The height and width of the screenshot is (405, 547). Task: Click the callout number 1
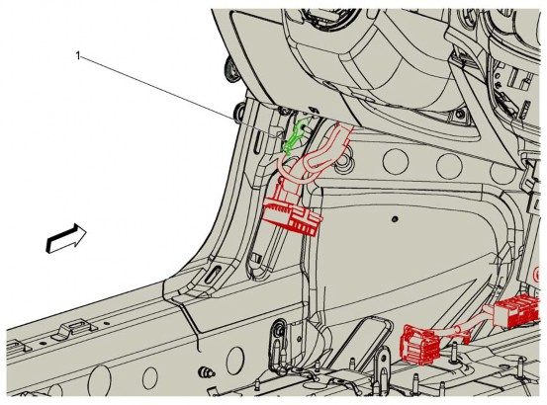tap(78, 55)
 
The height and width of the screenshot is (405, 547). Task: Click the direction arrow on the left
tap(66, 238)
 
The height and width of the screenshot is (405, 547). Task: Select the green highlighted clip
tap(294, 137)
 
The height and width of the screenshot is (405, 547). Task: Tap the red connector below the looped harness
tap(293, 211)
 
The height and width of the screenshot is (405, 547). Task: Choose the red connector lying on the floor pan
tap(421, 345)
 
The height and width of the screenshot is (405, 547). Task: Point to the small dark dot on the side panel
tap(395, 219)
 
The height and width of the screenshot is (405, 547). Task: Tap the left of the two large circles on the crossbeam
tap(396, 161)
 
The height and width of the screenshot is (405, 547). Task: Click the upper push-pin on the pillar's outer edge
tap(231, 70)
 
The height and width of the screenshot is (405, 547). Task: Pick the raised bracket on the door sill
tap(74, 329)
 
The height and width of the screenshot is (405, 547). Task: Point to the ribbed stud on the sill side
tap(206, 372)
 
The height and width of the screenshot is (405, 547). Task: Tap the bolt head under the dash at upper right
tap(460, 115)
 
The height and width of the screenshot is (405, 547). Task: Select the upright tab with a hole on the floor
tap(383, 359)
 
